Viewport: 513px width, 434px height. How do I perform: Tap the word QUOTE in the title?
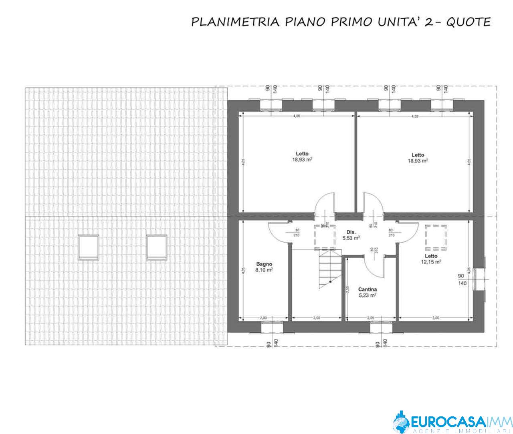point(468,22)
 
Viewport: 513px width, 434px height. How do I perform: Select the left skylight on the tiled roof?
point(88,247)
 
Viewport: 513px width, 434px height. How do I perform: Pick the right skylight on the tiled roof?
point(157,247)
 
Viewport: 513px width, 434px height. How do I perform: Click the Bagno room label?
point(264,264)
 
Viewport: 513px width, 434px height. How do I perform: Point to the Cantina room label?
point(367,289)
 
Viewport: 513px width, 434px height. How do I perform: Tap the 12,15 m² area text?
point(431,262)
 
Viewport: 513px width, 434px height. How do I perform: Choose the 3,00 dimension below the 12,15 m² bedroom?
point(436,317)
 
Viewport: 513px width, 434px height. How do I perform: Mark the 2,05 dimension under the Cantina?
point(371,317)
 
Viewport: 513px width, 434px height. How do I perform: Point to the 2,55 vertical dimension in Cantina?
point(347,289)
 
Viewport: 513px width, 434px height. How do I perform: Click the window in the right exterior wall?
point(479,279)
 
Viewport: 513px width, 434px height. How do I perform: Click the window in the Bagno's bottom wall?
point(272,327)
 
